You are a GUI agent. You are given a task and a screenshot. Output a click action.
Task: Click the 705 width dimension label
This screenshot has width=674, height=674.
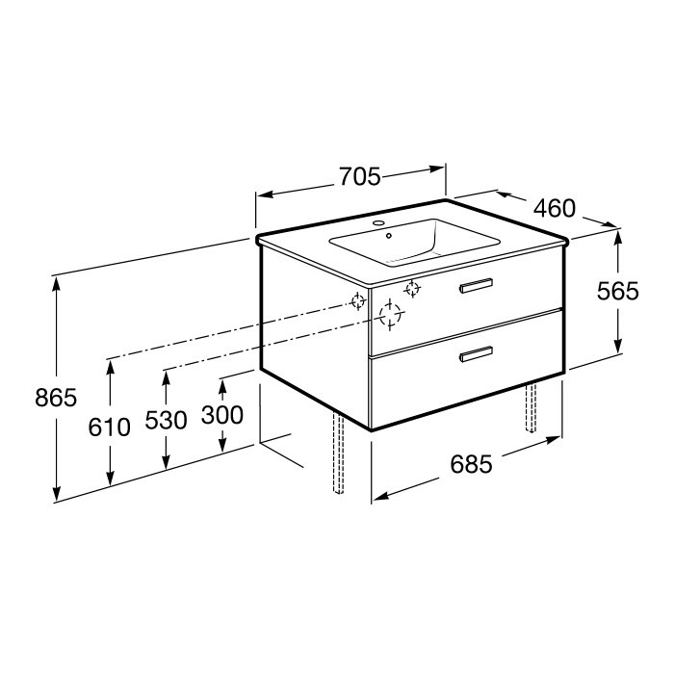pyautogui.click(x=360, y=176)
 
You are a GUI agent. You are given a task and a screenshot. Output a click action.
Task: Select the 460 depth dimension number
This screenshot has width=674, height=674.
pyautogui.click(x=554, y=208)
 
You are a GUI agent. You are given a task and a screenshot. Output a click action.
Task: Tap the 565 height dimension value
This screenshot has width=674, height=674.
pyautogui.click(x=618, y=291)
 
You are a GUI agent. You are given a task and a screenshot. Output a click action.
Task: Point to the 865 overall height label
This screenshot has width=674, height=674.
pyautogui.click(x=56, y=397)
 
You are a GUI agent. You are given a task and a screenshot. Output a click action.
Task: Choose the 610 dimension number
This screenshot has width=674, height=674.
pyautogui.click(x=109, y=428)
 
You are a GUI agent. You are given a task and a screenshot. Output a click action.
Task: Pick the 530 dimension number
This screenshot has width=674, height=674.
pyautogui.click(x=166, y=420)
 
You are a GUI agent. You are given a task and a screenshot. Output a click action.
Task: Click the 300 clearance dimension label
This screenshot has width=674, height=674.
pyautogui.click(x=222, y=415)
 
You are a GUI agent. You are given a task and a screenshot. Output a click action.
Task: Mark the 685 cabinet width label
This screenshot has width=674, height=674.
pyautogui.click(x=471, y=464)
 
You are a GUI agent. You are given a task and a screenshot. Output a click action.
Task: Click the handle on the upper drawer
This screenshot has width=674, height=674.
pyautogui.click(x=476, y=285)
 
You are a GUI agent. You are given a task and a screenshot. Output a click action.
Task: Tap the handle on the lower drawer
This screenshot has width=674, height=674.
pyautogui.click(x=476, y=353)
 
